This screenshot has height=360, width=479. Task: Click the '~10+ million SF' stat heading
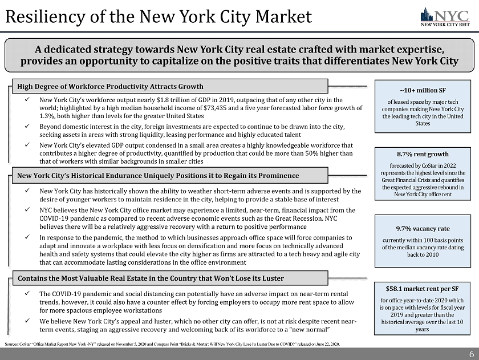(x=423, y=90)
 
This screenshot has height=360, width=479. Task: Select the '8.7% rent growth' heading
(x=423, y=154)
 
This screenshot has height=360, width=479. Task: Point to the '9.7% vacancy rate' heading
(x=423, y=228)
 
